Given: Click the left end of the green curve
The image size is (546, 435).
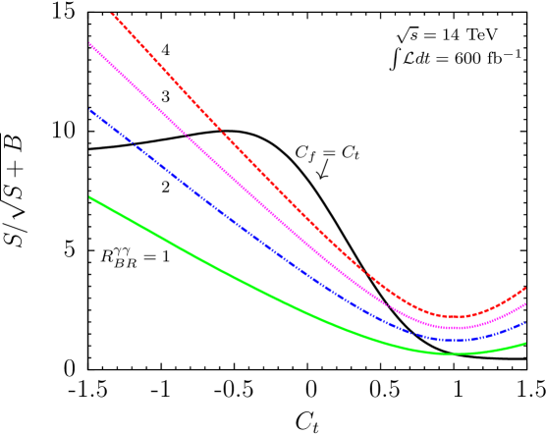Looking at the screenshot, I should click(x=89, y=197).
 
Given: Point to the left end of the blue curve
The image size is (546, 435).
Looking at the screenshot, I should click(x=89, y=110).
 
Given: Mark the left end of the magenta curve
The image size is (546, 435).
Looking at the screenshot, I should click(x=89, y=43).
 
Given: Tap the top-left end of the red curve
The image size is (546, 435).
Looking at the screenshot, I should click(x=112, y=13).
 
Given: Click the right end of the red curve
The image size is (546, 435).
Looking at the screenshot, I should click(x=525, y=289).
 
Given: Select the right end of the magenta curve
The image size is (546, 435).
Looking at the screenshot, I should click(x=525, y=304).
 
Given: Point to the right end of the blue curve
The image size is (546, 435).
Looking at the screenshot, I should click(x=525, y=322).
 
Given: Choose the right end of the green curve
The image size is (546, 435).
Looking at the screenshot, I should click(x=525, y=344).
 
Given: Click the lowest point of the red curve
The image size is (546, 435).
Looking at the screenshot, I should click(x=456, y=316).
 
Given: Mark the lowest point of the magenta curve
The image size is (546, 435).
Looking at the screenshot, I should click(x=454, y=327).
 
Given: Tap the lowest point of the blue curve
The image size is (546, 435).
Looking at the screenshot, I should click(x=454, y=340).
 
